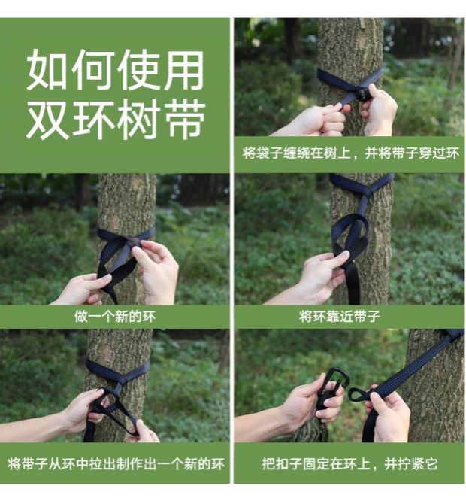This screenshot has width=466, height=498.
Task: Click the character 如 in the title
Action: pos(47,70)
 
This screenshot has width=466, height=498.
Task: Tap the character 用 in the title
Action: pos(183,70)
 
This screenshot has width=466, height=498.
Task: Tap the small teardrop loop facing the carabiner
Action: pos(358,394)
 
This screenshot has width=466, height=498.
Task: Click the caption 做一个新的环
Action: pos(115,317)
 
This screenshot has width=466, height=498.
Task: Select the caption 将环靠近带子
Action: pos(340,317)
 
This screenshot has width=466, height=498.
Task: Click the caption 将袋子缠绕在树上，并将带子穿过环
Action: pos(350,153)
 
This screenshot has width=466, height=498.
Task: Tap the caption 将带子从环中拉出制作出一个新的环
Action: pos(116,463)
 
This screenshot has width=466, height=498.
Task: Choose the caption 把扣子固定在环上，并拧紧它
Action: pos(349,463)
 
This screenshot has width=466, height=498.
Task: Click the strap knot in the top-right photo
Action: pos(362,94)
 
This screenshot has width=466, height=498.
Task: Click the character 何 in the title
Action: pos(92,70)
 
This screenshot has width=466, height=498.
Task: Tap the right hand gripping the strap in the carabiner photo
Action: pos(389,413)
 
